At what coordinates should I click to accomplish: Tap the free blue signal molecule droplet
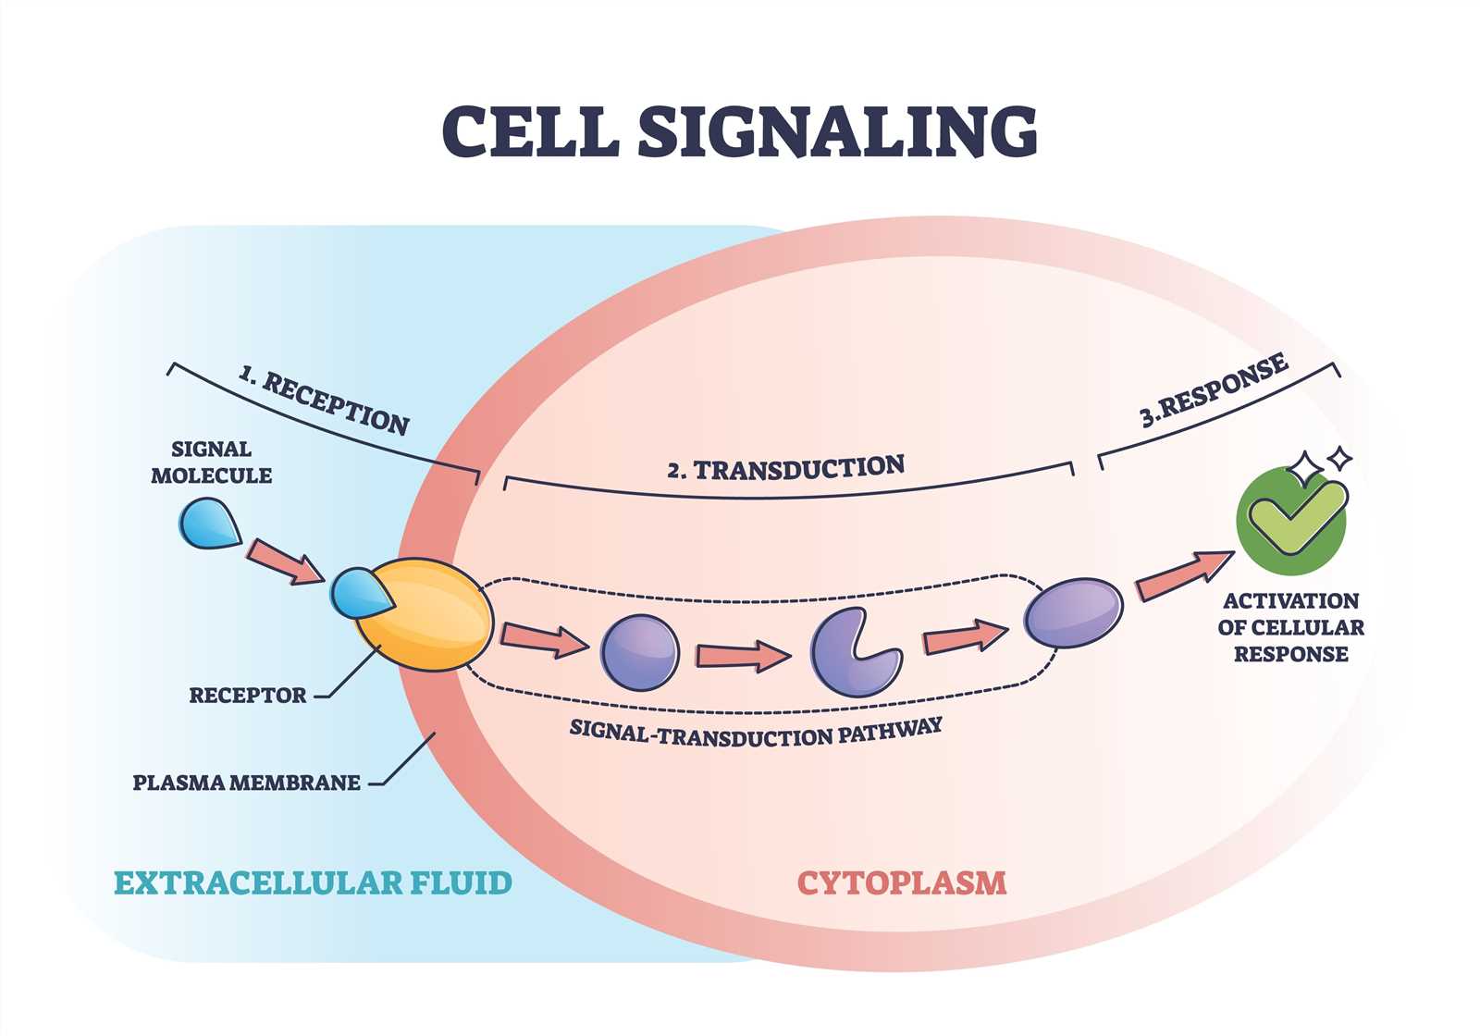tap(208, 524)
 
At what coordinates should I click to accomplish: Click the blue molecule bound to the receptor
tap(360, 593)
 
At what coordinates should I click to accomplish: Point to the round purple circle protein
tap(639, 653)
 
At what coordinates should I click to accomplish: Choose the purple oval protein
tap(1074, 612)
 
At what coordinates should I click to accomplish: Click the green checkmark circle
tap(1291, 521)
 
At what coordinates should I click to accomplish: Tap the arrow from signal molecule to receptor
tap(285, 562)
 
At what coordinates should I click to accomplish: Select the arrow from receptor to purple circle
tap(545, 640)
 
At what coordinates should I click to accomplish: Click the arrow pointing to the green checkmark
tap(1185, 575)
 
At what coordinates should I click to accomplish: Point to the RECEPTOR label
tap(248, 695)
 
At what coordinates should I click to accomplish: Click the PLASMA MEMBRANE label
tap(246, 783)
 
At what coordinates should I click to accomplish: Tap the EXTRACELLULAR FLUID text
tap(314, 882)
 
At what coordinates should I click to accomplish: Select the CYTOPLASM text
tap(902, 882)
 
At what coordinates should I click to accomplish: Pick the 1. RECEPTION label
tap(324, 401)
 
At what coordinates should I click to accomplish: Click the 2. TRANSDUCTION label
tap(785, 467)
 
